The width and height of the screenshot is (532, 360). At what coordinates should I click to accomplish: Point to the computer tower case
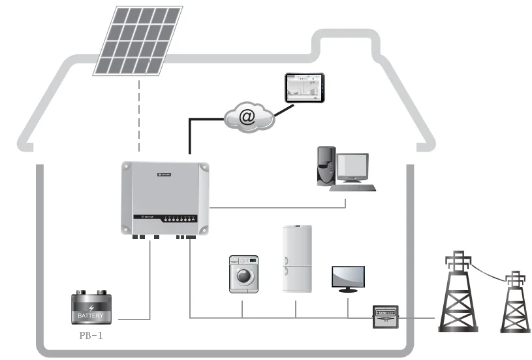326,167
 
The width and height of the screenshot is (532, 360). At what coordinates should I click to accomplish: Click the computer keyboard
352,188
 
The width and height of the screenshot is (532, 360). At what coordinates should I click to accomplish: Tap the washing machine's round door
242,276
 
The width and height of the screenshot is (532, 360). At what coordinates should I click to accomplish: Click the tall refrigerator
297,259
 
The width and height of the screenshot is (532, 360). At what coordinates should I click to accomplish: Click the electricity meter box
384,317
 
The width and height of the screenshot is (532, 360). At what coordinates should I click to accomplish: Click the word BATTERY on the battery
91,316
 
